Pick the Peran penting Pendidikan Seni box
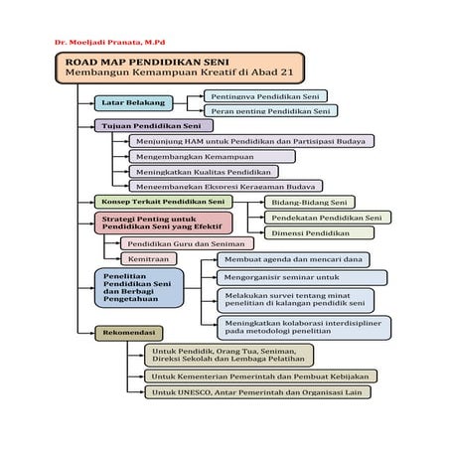point(265,111)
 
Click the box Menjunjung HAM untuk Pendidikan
point(250,141)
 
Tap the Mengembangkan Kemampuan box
point(211,156)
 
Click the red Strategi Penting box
point(162,223)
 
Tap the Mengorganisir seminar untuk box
point(288,277)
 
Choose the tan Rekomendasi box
point(129,333)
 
